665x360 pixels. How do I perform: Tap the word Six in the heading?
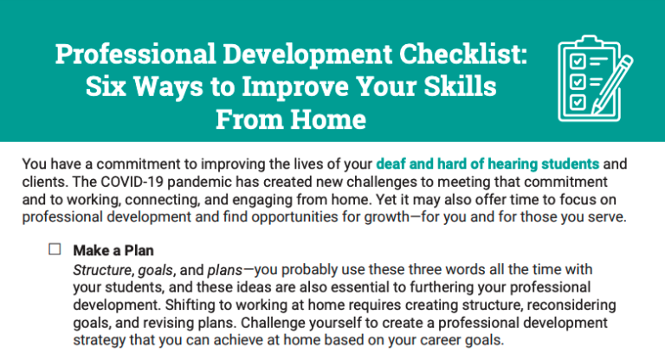click(106, 87)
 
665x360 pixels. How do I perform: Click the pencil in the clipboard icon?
click(611, 85)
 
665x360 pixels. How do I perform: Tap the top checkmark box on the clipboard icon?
click(577, 61)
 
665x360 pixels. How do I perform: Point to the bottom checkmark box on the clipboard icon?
click(577, 102)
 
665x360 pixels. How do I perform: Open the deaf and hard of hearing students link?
click(487, 164)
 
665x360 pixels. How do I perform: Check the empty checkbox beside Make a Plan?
click(55, 249)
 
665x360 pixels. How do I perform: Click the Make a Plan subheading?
click(113, 250)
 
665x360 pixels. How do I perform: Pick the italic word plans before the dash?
click(225, 270)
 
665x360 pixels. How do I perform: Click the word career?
click(439, 340)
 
